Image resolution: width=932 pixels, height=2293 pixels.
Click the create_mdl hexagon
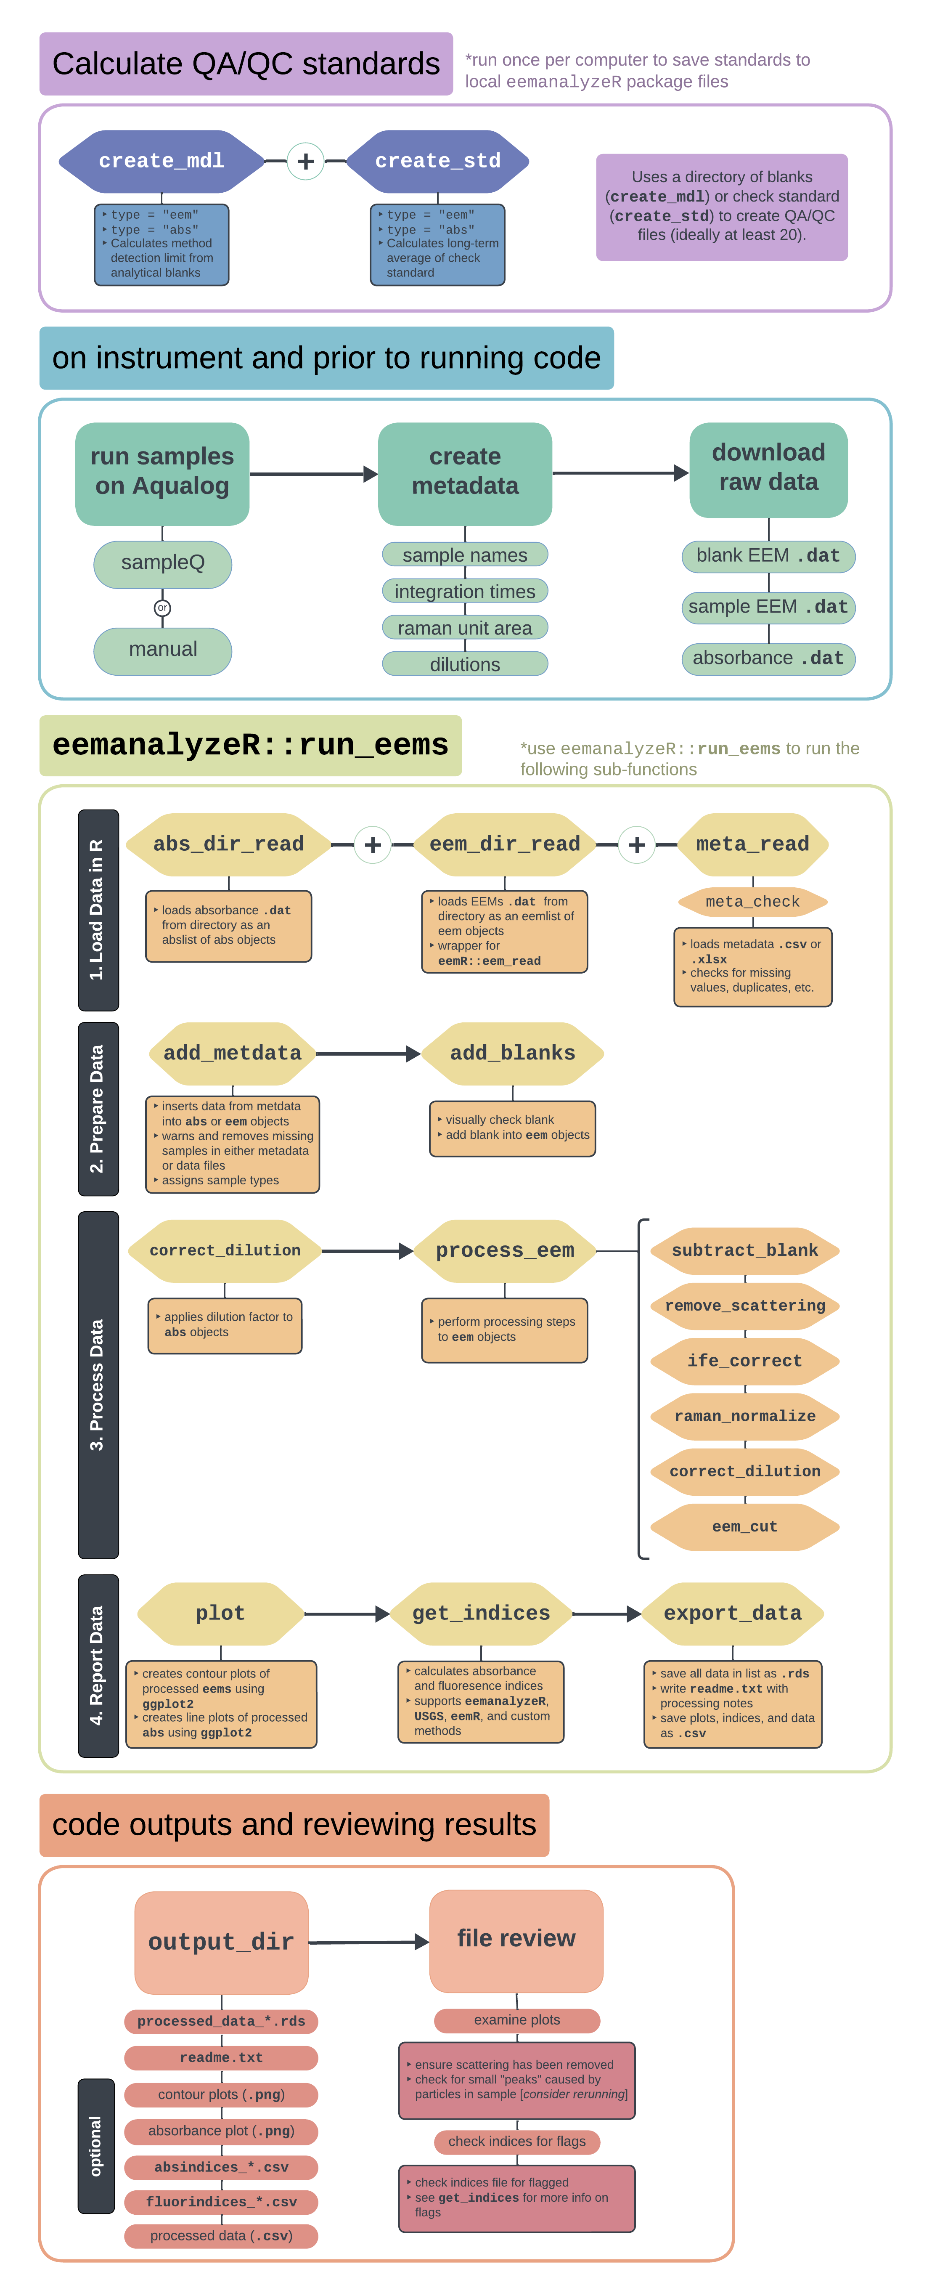pos(161,161)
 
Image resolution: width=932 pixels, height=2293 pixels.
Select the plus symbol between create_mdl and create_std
pos(305,161)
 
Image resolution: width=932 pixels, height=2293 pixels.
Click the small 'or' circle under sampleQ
pos(162,608)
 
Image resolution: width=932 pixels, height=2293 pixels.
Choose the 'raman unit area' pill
pos(465,628)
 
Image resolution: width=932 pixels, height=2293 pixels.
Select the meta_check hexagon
pos(752,902)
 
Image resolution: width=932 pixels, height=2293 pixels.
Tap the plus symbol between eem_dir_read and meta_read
pos(636,845)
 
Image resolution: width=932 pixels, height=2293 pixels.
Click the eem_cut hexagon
pos(745,1526)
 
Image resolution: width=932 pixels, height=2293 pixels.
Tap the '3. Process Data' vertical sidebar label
pos(98,1384)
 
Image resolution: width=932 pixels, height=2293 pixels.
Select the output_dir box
pos(222,1941)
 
